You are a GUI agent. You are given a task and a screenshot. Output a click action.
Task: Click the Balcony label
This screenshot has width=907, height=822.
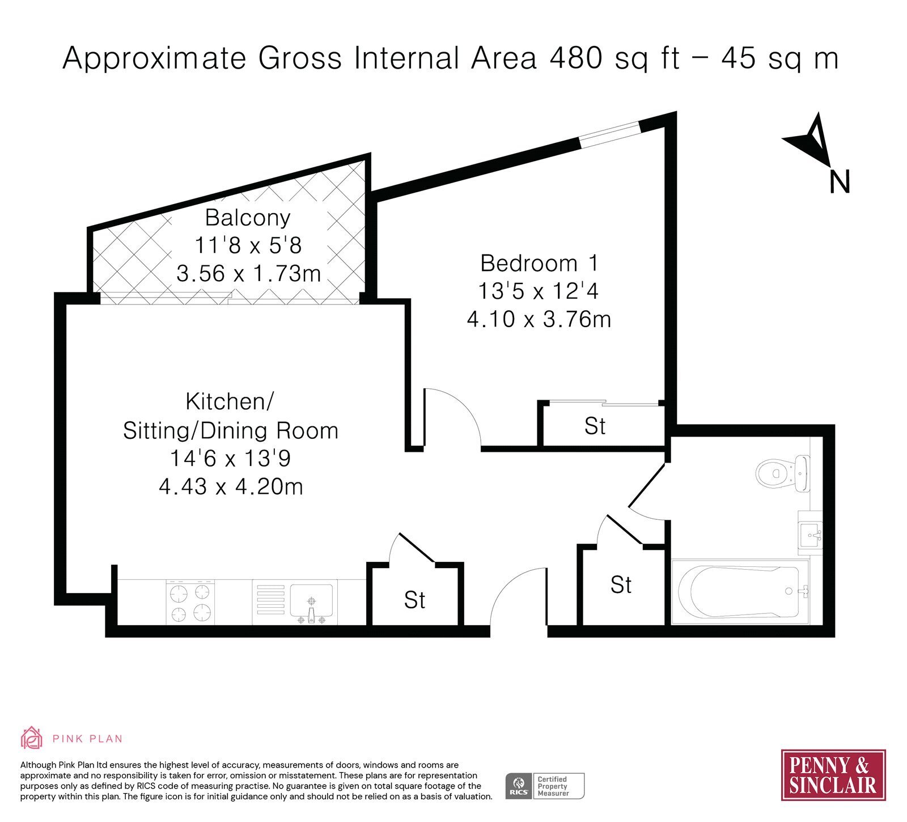(248, 218)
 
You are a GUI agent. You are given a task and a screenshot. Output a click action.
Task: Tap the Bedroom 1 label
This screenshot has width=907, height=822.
(539, 263)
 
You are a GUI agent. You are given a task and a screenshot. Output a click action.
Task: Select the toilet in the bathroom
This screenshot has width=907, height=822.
(783, 473)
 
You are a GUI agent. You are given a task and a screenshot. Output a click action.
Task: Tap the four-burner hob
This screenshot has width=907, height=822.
(190, 603)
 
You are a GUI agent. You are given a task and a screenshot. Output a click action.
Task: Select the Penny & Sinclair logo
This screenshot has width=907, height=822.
(833, 775)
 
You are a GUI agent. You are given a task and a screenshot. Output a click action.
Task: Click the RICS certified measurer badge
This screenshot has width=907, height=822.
(545, 786)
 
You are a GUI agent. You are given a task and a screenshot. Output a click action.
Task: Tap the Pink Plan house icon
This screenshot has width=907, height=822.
(32, 738)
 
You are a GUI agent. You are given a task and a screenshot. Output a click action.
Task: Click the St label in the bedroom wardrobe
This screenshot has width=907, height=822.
(595, 426)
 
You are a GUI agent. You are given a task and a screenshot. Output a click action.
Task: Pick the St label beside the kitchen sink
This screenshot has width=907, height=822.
(415, 600)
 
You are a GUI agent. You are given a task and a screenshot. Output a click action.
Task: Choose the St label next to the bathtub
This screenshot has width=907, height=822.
(621, 584)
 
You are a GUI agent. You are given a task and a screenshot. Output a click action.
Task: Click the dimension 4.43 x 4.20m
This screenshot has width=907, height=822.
(231, 486)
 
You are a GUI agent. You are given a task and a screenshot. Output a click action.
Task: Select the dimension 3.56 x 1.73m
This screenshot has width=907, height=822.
(248, 273)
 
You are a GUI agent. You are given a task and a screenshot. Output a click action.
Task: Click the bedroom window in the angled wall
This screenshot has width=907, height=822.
(611, 134)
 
